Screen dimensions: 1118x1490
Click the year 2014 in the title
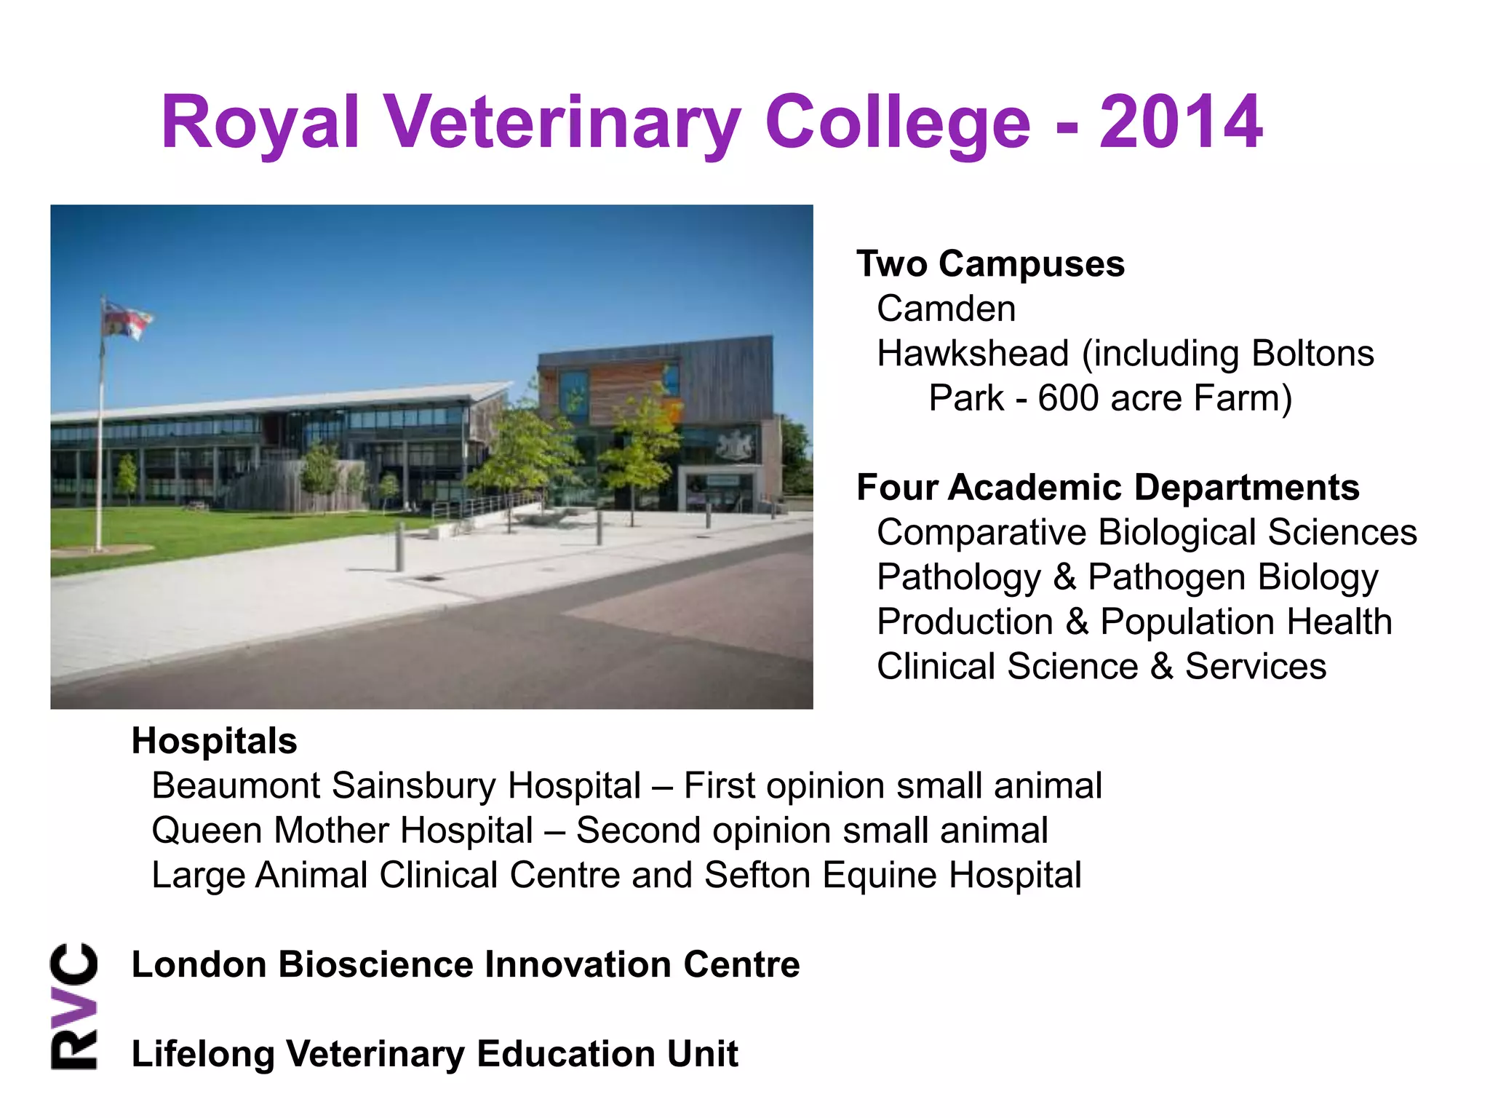tap(1181, 122)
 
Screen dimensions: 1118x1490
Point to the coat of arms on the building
tap(735, 445)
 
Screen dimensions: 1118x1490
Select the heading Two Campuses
tap(990, 263)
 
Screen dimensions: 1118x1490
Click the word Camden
tap(946, 309)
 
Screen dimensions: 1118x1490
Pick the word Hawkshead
tap(973, 354)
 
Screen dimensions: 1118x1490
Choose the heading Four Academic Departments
tap(1107, 487)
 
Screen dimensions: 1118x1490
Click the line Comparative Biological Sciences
tap(1147, 532)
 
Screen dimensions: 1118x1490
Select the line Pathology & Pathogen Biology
tap(1127, 577)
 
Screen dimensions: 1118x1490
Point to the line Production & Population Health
tap(1134, 622)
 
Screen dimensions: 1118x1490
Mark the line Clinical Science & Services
tap(1101, 666)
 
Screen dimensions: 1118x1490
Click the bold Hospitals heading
tap(214, 741)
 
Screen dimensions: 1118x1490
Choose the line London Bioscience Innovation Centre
tap(466, 964)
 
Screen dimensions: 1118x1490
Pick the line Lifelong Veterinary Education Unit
tap(434, 1054)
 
